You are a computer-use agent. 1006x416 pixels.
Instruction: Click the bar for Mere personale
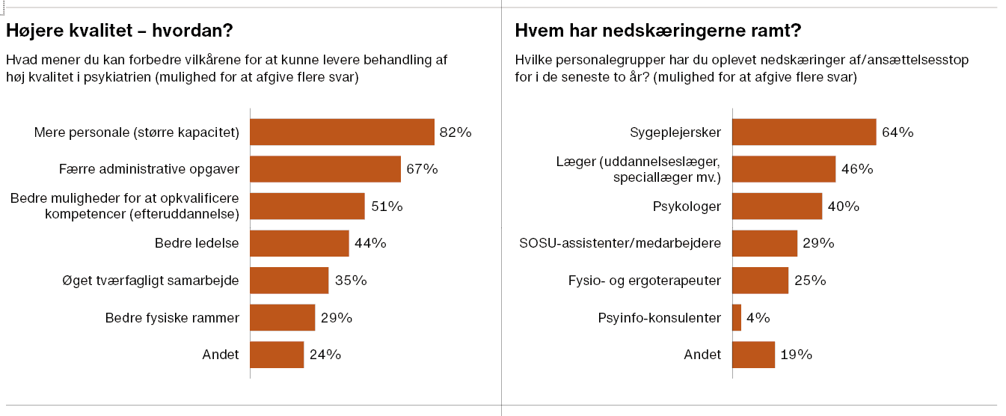point(342,132)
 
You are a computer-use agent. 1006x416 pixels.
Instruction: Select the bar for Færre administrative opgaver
point(325,169)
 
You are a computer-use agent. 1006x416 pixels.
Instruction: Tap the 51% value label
point(387,207)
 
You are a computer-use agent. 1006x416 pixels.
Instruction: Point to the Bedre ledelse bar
point(299,243)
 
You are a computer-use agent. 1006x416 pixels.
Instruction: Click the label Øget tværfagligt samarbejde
point(150,281)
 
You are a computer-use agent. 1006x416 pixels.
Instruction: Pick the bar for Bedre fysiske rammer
point(282,317)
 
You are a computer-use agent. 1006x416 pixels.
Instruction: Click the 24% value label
point(325,355)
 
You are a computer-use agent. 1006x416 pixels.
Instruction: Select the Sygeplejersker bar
point(804,132)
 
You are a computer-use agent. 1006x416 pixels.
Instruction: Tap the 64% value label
point(898,132)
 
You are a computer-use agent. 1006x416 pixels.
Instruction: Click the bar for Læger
point(784,169)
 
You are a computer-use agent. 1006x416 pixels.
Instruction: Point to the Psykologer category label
point(685,207)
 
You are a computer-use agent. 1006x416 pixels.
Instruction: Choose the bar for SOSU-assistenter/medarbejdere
point(764,243)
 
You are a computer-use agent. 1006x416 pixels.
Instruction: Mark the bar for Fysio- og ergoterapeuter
point(760,281)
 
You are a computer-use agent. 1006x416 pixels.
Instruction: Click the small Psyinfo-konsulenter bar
point(737,317)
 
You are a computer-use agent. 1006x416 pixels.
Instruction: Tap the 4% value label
point(758,317)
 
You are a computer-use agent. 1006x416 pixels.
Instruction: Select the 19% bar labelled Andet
point(753,355)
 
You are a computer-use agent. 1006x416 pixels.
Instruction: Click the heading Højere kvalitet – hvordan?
point(120,31)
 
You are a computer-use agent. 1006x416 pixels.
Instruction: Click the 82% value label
point(456,132)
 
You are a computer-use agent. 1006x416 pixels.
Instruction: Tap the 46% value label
point(857,169)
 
